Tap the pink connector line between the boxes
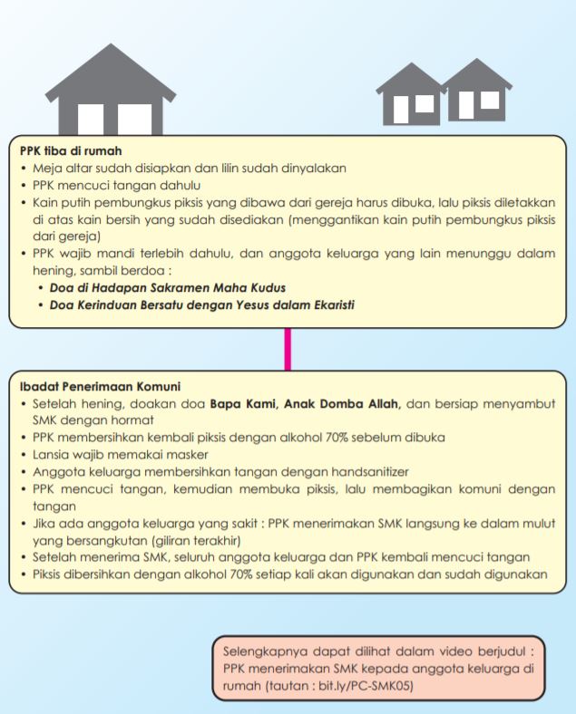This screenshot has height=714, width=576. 288,348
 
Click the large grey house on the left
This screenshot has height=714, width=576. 111,87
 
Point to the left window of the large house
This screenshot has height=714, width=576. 94,120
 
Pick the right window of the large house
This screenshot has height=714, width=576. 134,120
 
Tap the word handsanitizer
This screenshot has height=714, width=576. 368,472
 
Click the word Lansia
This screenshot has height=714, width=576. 54,455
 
